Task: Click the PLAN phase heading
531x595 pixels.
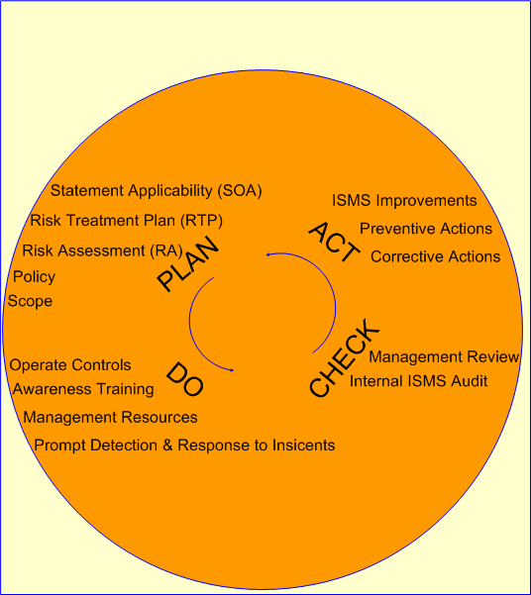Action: point(188,263)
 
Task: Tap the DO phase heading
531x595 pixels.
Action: point(185,379)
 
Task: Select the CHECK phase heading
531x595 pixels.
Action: point(344,357)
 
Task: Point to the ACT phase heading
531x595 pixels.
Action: point(334,242)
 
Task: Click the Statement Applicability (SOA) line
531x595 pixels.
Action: point(157,190)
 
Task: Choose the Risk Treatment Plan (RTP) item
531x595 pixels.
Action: point(127,221)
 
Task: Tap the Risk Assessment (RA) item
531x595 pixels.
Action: point(103,250)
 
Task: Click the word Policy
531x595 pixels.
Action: point(35,277)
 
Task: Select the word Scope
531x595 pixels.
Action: point(30,301)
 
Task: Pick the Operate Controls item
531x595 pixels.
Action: point(70,365)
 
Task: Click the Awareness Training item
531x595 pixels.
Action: point(83,389)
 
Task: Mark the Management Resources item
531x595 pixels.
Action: point(111,417)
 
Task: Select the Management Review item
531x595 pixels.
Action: point(444,356)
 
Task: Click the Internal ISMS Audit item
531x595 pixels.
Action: point(419,381)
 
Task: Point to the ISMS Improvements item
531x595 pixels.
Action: point(404,200)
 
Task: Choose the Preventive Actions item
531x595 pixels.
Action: point(426,229)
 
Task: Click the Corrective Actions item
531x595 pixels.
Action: point(436,256)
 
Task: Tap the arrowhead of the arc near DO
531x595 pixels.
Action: point(232,370)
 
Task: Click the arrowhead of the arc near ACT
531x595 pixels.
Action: point(267,254)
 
